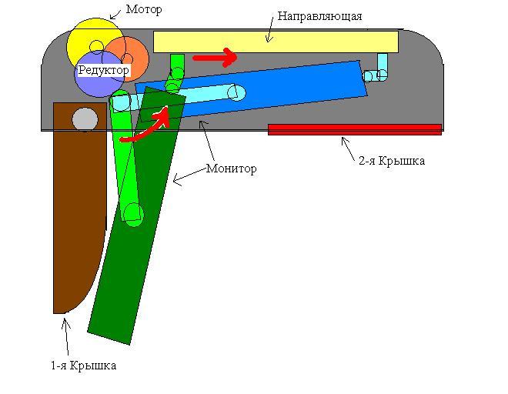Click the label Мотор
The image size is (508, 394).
(144, 10)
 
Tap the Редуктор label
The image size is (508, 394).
(104, 70)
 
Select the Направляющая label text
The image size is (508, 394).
(319, 15)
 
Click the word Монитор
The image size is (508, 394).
(232, 169)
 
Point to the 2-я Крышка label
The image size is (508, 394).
(392, 161)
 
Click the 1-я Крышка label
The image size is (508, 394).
(83, 366)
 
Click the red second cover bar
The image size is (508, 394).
(354, 129)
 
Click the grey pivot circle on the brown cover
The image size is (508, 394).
(85, 119)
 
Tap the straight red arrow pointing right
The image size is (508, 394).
(214, 57)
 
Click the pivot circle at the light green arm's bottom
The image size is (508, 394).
(133, 213)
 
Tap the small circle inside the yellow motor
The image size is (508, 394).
(96, 47)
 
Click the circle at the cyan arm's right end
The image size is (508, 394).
(236, 93)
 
